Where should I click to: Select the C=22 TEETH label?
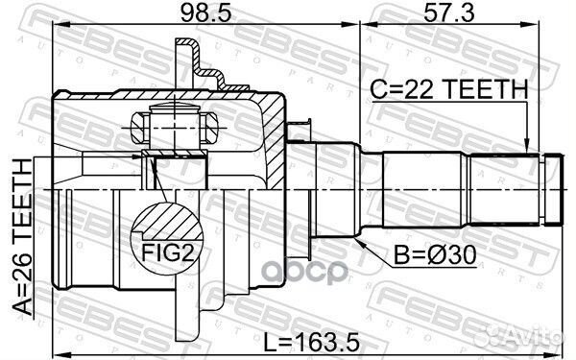click(x=449, y=89)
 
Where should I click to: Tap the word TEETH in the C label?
click(x=491, y=89)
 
